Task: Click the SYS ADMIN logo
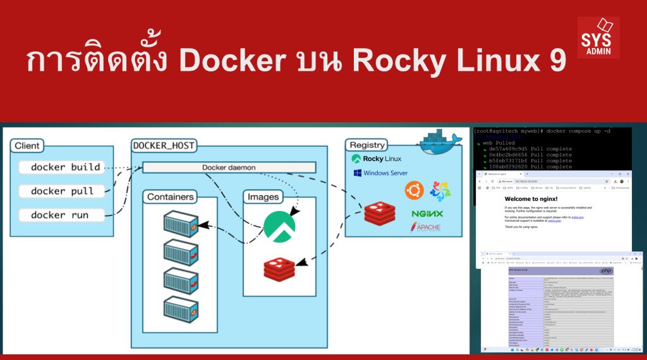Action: [x=598, y=38]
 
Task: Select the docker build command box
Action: [x=65, y=167]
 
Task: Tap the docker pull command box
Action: [x=62, y=191]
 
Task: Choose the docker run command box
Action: [x=60, y=215]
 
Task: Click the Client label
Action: [x=27, y=146]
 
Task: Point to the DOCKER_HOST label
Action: [x=164, y=146]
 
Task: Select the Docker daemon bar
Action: [x=229, y=167]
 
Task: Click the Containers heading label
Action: [x=170, y=197]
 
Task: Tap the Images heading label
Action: [x=263, y=197]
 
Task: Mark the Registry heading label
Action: [x=367, y=146]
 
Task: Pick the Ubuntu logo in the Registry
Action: [x=414, y=189]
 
